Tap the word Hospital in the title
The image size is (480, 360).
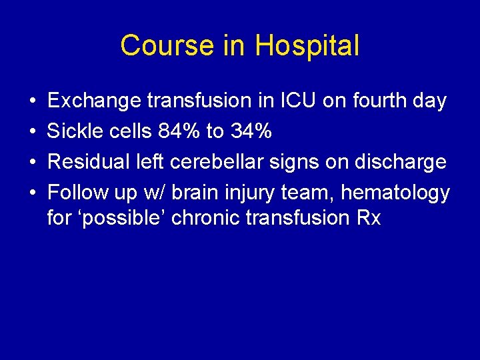(x=307, y=46)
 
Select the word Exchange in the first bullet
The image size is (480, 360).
(x=94, y=101)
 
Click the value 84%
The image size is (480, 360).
(x=179, y=131)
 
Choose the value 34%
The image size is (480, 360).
(x=250, y=131)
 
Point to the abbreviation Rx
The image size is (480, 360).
(x=369, y=218)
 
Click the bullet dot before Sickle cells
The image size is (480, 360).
(x=32, y=132)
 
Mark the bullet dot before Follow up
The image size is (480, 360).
(x=32, y=193)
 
